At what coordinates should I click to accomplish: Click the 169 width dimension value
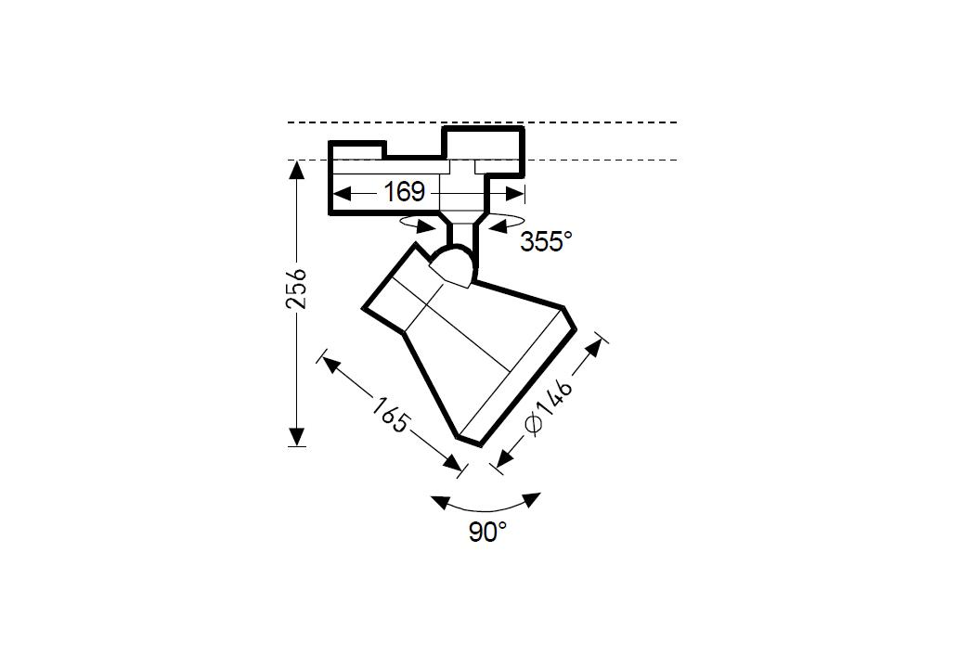(404, 192)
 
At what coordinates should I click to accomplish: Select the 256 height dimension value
(297, 289)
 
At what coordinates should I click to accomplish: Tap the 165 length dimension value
(390, 415)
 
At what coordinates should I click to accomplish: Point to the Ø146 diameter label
(549, 407)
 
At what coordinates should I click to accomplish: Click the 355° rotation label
(546, 242)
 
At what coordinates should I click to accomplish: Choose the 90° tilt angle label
(487, 532)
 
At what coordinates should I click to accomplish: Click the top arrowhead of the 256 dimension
(297, 170)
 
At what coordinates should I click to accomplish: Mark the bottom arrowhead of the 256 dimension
(297, 437)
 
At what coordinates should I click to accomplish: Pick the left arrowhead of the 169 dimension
(343, 194)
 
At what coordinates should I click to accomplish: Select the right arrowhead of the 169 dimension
(514, 194)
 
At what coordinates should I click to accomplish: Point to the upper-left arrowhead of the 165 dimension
(330, 365)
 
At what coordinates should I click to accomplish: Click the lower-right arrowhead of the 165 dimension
(452, 462)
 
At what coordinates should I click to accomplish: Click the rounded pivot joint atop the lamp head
(452, 265)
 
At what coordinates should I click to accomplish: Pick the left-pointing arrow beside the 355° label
(498, 227)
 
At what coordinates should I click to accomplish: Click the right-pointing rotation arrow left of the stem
(425, 227)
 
